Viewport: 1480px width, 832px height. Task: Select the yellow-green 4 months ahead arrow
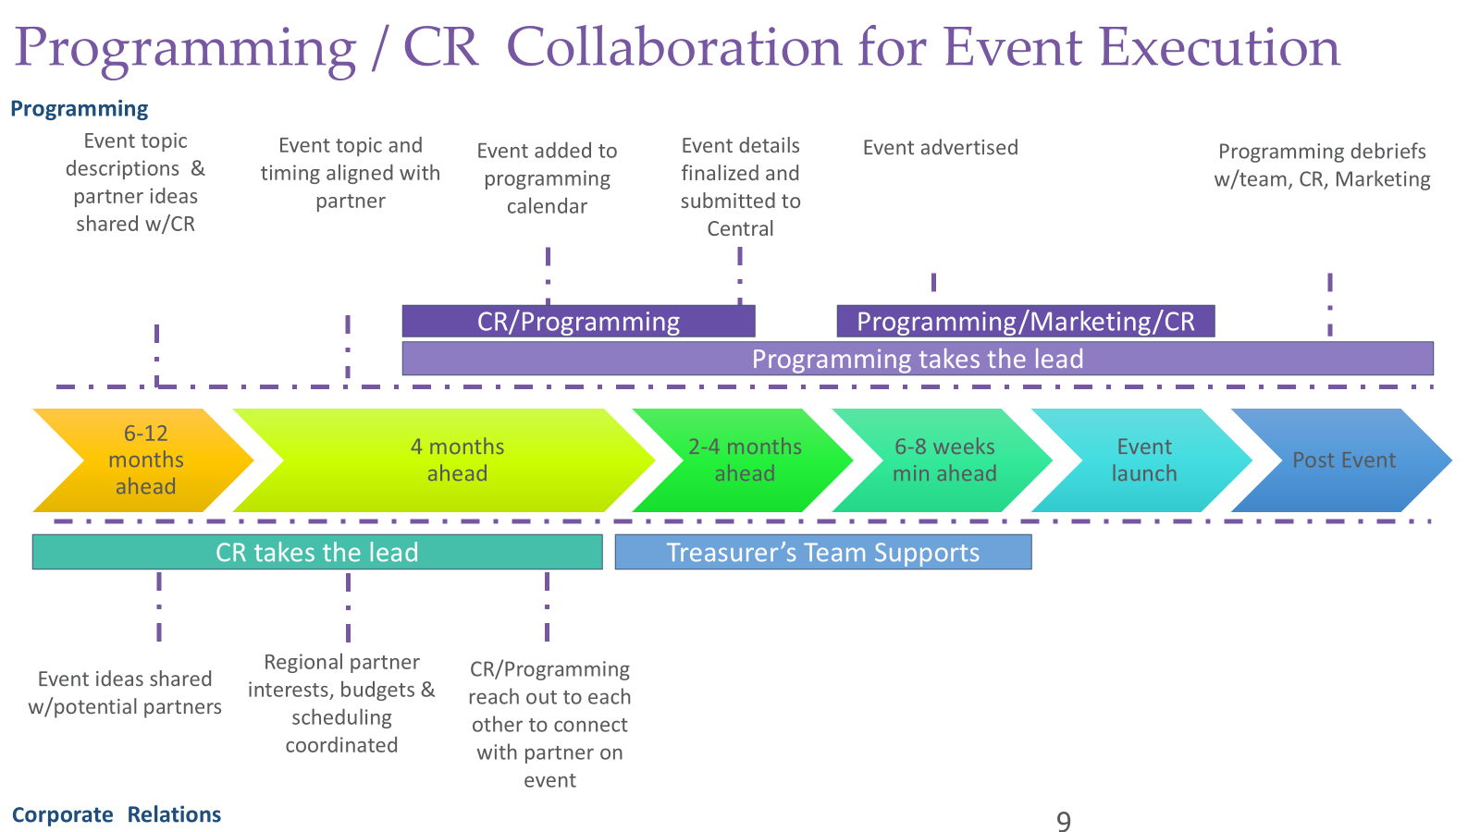[x=444, y=460]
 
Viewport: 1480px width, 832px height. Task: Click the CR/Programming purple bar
[x=578, y=322]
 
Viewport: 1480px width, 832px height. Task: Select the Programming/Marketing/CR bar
[x=1025, y=322]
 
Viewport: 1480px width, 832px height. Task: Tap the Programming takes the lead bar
[x=917, y=359]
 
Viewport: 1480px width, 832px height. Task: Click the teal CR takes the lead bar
[x=317, y=553]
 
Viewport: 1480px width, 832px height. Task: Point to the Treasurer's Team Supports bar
[x=822, y=553]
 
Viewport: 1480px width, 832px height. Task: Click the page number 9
[x=1064, y=821]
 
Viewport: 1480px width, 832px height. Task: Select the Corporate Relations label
[x=117, y=814]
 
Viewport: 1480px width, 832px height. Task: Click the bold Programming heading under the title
[x=80, y=109]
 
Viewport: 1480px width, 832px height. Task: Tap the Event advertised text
[x=940, y=148]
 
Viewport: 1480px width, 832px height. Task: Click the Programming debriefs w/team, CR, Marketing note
[x=1322, y=165]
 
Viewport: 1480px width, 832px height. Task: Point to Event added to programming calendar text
[x=547, y=178]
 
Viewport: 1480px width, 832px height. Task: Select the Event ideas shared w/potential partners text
[x=125, y=692]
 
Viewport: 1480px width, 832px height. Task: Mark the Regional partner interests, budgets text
[x=341, y=704]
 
